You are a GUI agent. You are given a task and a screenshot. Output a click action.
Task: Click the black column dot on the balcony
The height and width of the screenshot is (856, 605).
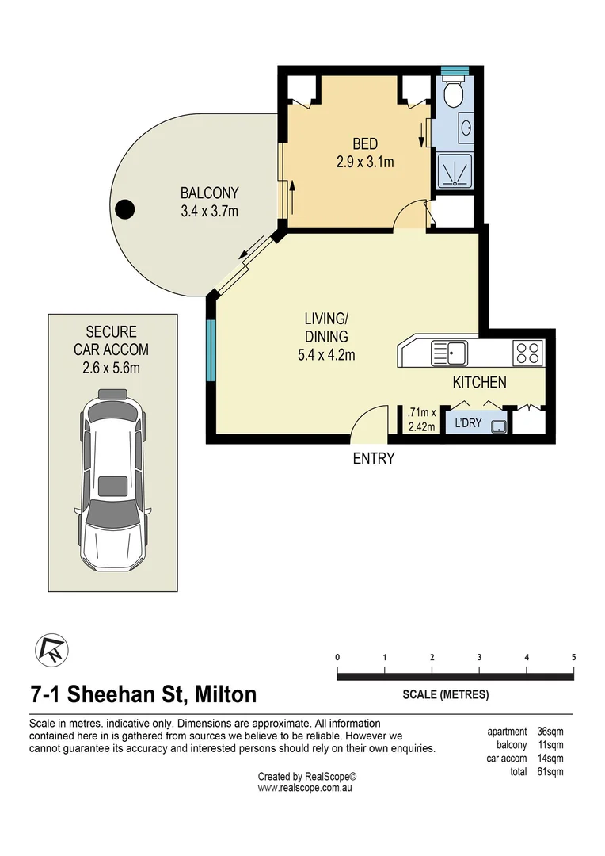point(124,209)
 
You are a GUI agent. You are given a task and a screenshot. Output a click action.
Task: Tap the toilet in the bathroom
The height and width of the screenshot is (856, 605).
point(454,94)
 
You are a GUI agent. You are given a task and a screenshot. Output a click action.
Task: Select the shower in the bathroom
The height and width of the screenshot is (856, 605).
point(455,170)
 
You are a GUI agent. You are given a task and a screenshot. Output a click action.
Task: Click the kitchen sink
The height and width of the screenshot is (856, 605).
point(448,353)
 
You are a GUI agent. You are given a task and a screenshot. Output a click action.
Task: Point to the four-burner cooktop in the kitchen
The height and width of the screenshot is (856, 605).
point(527,352)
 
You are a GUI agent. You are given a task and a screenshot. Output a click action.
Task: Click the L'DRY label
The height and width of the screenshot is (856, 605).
point(468,423)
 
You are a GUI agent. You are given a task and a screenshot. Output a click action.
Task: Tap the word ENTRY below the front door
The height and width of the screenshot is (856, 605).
point(373,458)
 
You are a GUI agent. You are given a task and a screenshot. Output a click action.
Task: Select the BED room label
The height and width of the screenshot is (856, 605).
point(365,144)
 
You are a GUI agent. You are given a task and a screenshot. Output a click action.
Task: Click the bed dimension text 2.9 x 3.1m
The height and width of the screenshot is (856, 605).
point(365,162)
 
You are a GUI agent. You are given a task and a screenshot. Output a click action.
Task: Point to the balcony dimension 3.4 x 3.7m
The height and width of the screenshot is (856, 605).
point(209,211)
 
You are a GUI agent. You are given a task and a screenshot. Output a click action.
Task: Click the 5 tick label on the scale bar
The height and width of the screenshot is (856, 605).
point(573,657)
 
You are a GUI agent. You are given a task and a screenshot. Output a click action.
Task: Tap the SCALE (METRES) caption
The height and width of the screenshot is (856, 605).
point(446,695)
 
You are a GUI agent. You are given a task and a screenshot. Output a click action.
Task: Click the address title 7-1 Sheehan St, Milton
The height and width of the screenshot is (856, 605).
point(143,694)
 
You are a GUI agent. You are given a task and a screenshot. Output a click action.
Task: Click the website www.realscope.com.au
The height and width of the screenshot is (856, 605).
point(305,789)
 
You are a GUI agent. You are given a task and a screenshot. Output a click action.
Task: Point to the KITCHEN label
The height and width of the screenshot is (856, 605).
point(479,383)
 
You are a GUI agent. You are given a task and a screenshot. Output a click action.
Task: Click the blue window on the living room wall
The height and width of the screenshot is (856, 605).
point(211,350)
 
